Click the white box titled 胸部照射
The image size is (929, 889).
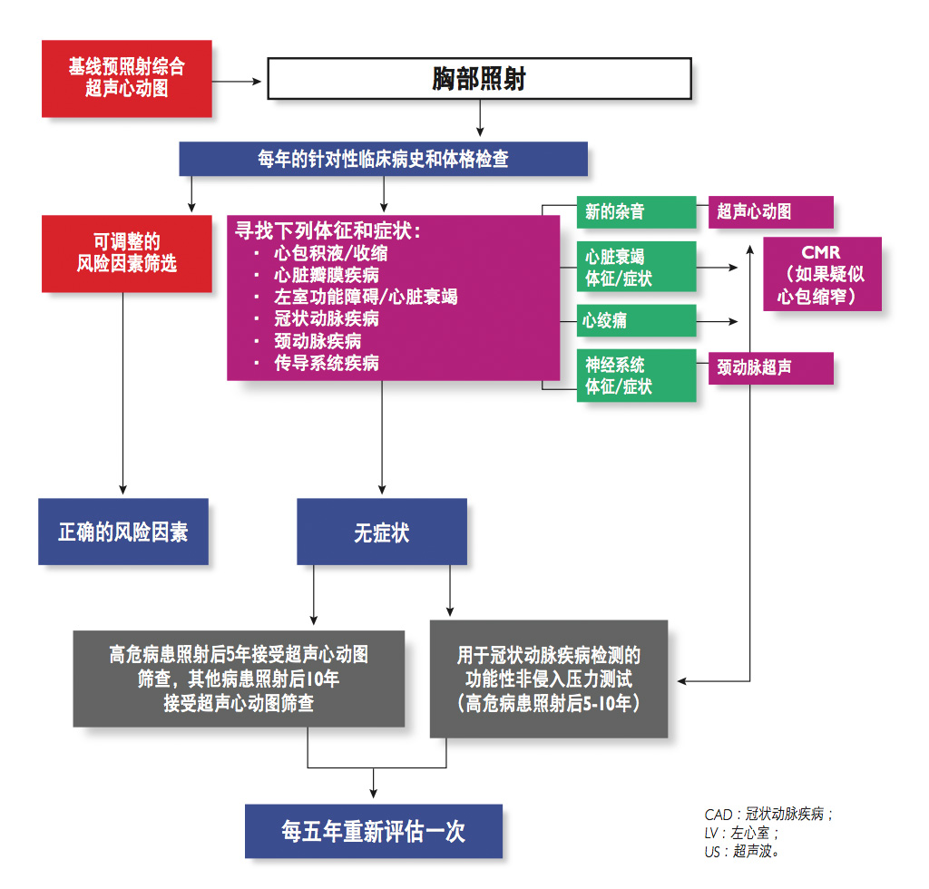tap(479, 80)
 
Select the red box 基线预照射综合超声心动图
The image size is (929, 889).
tap(127, 78)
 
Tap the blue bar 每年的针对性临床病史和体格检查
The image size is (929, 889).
tap(383, 160)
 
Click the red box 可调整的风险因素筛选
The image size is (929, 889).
tap(127, 253)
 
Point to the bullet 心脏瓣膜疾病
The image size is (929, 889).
tap(327, 275)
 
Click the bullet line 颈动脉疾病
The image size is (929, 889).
tap(318, 341)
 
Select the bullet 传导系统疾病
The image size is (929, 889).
tap(327, 363)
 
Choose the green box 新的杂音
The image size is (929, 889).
tap(636, 211)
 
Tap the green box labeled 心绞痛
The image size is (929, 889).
tap(636, 320)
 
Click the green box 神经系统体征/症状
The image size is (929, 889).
tap(636, 376)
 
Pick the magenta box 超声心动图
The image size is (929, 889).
tap(770, 211)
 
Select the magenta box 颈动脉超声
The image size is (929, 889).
tap(770, 367)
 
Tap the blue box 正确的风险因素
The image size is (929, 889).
tap(123, 532)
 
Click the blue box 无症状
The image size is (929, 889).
tap(382, 532)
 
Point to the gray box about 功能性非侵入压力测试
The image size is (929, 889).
tap(549, 679)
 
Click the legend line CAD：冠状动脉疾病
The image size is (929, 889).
tap(768, 814)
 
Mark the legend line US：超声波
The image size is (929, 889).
tap(742, 852)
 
